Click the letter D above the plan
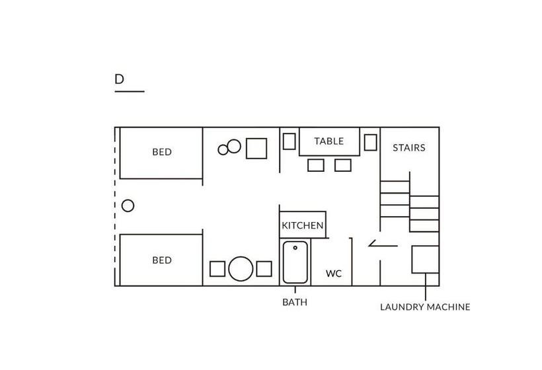click(x=119, y=79)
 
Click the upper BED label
click(x=162, y=152)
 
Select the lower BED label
click(x=162, y=260)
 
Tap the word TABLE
click(x=329, y=141)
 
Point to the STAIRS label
click(x=409, y=148)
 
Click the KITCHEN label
click(x=303, y=226)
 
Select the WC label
click(x=334, y=274)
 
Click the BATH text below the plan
click(x=295, y=303)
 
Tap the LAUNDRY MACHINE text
click(x=425, y=307)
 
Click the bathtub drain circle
click(x=295, y=248)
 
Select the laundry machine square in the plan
click(x=425, y=259)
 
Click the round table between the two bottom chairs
click(x=241, y=269)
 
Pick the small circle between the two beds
click(x=128, y=205)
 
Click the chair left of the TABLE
click(x=289, y=141)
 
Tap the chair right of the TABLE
click(x=370, y=142)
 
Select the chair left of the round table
click(x=217, y=269)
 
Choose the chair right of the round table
click(x=264, y=269)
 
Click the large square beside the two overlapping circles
click(x=256, y=149)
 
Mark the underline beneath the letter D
click(x=129, y=91)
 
